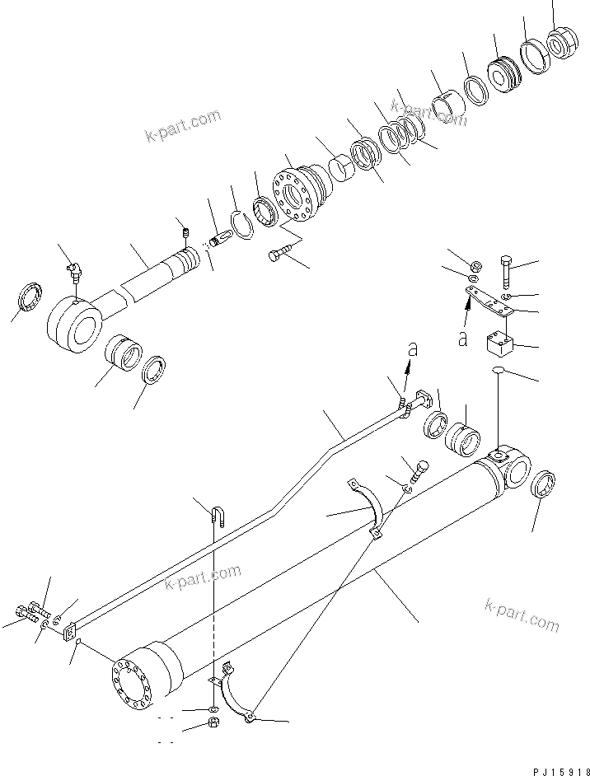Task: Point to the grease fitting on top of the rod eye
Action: click(x=73, y=268)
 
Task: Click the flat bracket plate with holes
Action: click(x=492, y=300)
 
